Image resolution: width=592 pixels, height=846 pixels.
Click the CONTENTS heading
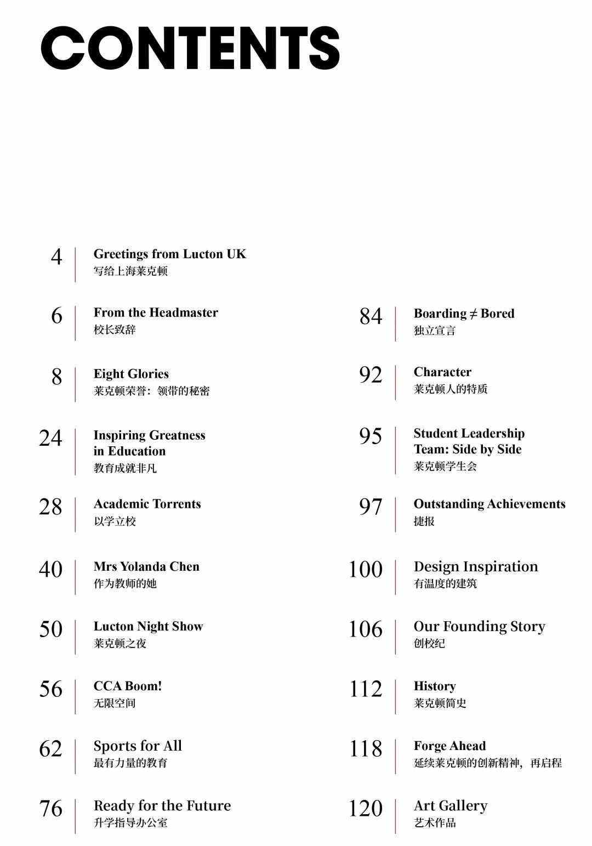(x=190, y=48)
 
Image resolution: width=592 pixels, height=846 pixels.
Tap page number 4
(x=56, y=257)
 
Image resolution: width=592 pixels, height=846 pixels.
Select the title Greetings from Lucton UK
(x=170, y=254)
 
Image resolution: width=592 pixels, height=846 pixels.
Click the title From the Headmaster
(x=156, y=313)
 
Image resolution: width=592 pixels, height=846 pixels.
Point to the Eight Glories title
(x=131, y=374)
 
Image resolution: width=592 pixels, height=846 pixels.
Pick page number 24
(x=50, y=438)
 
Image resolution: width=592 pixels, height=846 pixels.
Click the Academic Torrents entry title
(x=147, y=504)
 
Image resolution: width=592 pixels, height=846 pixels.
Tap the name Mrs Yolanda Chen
(x=146, y=566)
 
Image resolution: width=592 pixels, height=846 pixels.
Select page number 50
(x=50, y=629)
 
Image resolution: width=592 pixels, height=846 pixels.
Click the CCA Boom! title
(x=128, y=686)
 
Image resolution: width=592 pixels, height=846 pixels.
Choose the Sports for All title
(x=138, y=746)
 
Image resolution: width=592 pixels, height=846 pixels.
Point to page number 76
(x=50, y=808)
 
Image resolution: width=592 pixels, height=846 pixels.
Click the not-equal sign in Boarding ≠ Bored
(x=473, y=314)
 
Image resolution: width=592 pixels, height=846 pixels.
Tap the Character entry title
(x=442, y=372)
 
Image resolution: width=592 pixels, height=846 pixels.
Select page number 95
(x=371, y=436)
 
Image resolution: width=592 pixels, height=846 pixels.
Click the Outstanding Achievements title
(x=489, y=504)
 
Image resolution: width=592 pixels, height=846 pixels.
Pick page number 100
(x=366, y=569)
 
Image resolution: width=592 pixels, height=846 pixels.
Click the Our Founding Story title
(x=480, y=626)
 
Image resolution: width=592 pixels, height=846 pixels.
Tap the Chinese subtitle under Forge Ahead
(x=488, y=763)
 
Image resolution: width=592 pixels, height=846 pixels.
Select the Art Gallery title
(x=451, y=805)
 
